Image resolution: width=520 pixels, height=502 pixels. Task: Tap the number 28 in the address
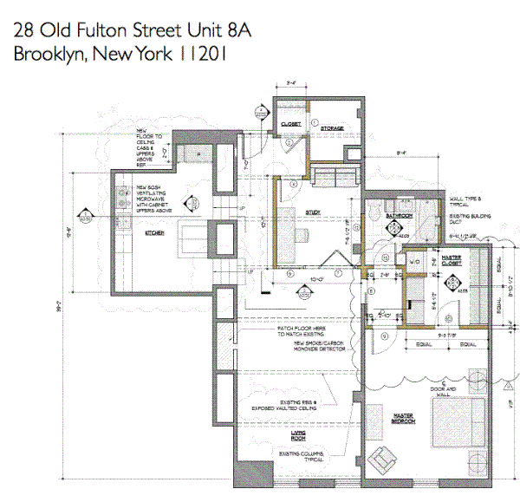[x=23, y=29]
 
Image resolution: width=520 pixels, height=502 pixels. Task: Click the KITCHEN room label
[x=154, y=233]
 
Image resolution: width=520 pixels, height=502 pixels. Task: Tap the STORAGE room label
[x=332, y=128]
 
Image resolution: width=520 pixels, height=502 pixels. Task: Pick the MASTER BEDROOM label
[x=400, y=420]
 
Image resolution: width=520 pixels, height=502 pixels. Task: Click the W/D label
[x=413, y=261]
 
